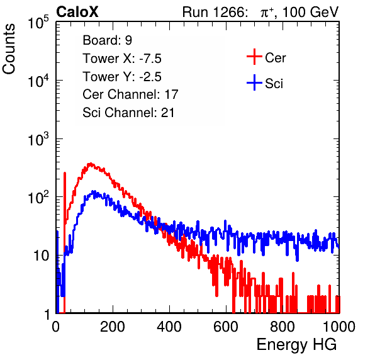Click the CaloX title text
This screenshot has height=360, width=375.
tap(77, 12)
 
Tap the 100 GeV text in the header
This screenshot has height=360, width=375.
tap(310, 12)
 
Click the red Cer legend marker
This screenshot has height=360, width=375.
tap(254, 57)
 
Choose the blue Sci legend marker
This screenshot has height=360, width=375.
tap(254, 83)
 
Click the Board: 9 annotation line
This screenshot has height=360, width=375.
tap(108, 40)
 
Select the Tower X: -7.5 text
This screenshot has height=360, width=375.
tap(122, 59)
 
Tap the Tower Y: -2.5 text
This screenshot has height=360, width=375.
tap(122, 77)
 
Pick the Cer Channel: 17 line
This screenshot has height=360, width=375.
tap(130, 94)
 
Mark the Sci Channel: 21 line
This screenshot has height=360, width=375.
tap(128, 113)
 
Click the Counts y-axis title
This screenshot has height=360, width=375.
tap(9, 49)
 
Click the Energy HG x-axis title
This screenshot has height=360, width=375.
tap(296, 345)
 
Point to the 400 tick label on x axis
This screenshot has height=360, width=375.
tap(169, 327)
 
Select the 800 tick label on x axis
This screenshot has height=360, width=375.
tap(283, 327)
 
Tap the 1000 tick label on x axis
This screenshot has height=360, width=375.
tap(339, 327)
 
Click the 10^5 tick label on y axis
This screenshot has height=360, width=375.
tap(38, 22)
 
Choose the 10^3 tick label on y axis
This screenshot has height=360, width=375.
tap(38, 139)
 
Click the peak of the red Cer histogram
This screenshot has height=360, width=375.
tap(90, 164)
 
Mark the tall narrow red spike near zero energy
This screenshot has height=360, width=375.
tap(65, 242)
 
